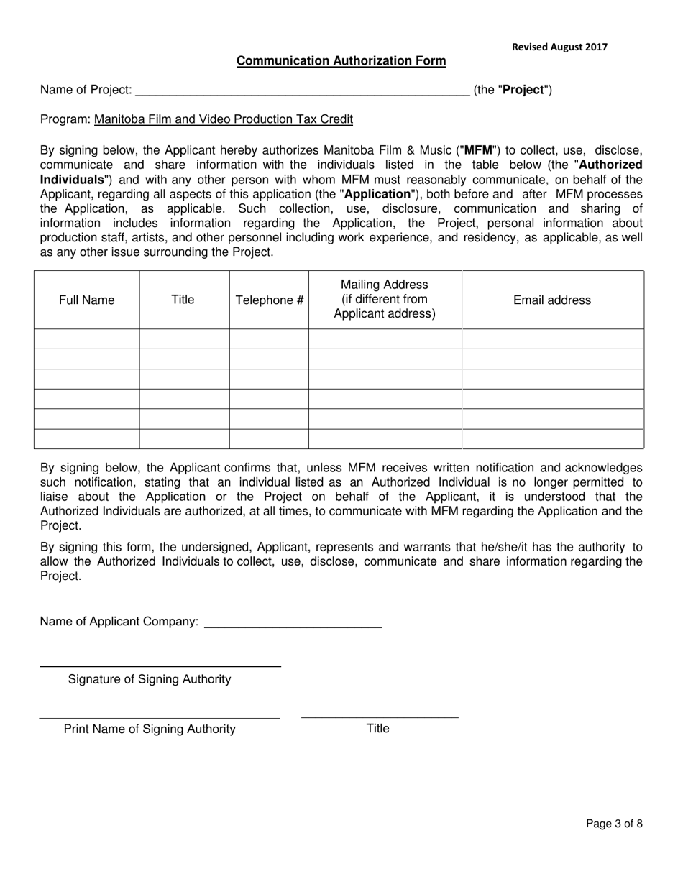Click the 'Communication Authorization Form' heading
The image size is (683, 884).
pos(341,61)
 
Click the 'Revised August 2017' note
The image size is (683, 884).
pos(559,47)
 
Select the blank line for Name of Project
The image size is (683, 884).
pos(302,91)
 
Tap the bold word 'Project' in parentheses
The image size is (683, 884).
pos(523,90)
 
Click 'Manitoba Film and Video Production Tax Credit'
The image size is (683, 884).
pos(223,119)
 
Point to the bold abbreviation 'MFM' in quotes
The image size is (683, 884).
pos(479,151)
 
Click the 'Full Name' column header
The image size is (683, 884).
pos(86,300)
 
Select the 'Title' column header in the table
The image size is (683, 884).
pos(183,300)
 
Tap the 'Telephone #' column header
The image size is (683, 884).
pos(269,300)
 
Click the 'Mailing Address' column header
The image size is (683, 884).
pos(385,285)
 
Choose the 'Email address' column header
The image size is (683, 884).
pos(551,300)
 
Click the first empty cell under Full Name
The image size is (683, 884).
pos(86,339)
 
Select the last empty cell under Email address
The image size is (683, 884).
pos(551,438)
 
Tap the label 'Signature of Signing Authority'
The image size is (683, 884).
pos(150,679)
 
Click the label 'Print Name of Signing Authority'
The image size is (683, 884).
pos(150,729)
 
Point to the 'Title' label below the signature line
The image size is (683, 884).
pos(377,729)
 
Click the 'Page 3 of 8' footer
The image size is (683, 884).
pos(614,824)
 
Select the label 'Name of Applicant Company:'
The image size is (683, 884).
pos(119,622)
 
